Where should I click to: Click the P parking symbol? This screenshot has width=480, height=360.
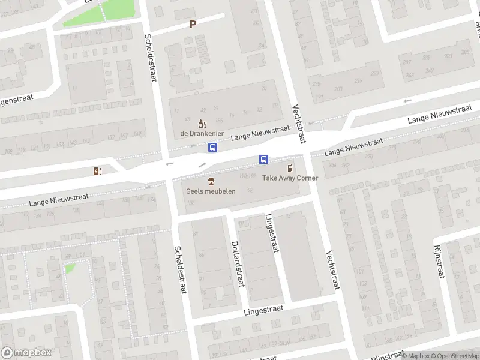click(x=193, y=25)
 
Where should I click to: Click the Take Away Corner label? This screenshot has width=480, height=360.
click(x=290, y=178)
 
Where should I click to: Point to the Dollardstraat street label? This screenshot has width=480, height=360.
click(x=237, y=265)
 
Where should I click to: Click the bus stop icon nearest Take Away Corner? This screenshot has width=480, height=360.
click(x=263, y=159)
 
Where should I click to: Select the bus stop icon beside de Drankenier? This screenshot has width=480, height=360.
click(x=212, y=147)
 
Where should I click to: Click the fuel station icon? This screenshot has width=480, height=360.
click(x=98, y=172)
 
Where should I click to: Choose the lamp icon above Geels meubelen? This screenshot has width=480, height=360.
click(x=211, y=181)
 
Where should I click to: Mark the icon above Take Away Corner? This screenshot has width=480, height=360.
click(x=290, y=168)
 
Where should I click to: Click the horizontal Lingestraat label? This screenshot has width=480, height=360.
click(x=263, y=310)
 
